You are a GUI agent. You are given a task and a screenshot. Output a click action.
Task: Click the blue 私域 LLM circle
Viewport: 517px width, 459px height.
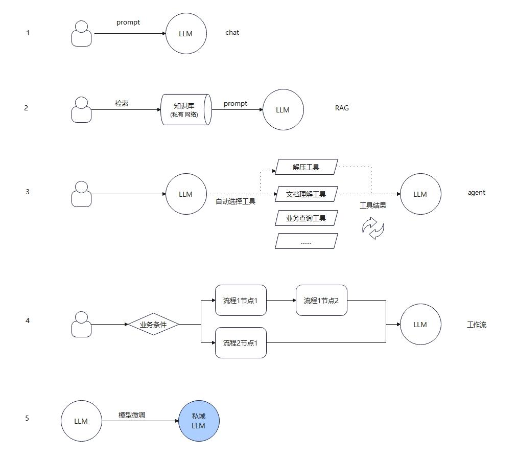point(199,421)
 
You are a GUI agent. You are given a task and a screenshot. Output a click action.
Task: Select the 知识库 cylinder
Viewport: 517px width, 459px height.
point(186,109)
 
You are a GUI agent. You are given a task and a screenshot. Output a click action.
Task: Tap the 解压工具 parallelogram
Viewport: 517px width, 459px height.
point(307,167)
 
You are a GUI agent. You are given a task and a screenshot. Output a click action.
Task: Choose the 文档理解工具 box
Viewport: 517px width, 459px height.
point(307,194)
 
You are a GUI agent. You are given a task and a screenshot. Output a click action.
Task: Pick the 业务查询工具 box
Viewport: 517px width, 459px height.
point(307,218)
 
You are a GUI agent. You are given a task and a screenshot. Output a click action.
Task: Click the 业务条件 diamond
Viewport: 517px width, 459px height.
point(153,325)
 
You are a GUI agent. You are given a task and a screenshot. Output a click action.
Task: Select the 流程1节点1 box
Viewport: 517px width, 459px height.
point(241,300)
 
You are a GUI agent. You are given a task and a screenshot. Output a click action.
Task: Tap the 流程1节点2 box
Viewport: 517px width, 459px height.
point(321,300)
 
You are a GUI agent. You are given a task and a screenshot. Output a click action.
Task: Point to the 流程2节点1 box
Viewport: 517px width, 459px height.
point(241,342)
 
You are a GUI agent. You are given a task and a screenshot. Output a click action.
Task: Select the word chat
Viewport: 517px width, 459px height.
point(232,32)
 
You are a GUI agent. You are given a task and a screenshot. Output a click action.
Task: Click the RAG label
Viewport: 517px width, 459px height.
point(342,108)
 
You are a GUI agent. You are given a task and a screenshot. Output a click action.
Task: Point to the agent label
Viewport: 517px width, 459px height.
point(477,193)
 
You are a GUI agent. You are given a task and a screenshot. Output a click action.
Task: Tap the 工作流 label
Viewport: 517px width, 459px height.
point(477,325)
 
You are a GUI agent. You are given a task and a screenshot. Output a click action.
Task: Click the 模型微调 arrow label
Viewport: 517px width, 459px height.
point(132,415)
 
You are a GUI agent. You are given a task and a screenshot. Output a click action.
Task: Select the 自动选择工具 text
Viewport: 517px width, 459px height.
point(236,201)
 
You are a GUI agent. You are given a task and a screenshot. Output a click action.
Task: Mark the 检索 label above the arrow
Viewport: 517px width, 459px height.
point(122,103)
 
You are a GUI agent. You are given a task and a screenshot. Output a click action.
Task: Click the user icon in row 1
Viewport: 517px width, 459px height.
point(81,33)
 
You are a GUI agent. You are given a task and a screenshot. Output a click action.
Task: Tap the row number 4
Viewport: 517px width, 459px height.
point(28,320)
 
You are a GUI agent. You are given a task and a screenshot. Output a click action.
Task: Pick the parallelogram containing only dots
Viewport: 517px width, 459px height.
point(307,241)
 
